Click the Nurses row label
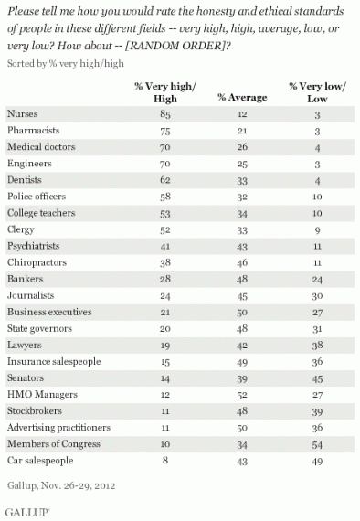(24, 112)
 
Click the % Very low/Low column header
(311, 90)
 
